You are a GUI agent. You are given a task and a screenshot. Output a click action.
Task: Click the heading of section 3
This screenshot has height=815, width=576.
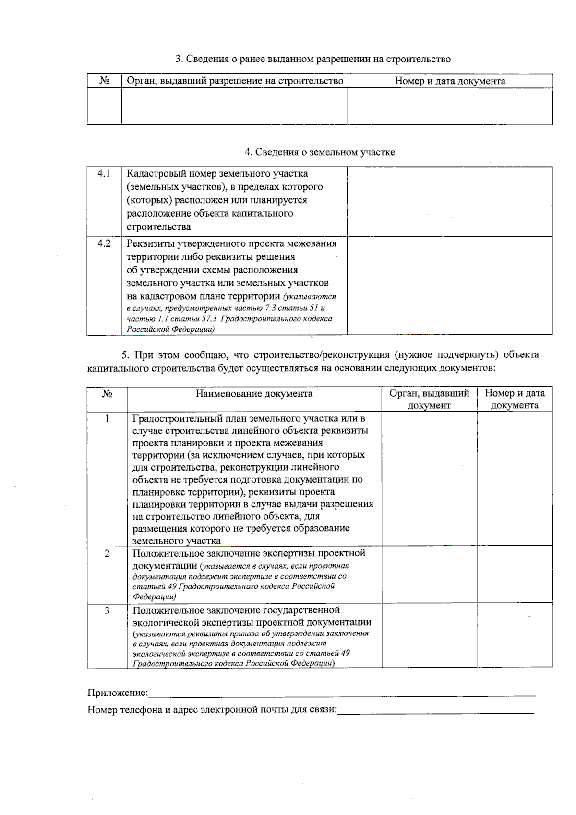pos(312,59)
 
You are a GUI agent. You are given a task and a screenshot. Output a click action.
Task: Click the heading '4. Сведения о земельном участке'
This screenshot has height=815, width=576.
pos(319,152)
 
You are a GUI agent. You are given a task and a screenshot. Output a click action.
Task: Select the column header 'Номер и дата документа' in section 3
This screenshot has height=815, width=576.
pos(450,81)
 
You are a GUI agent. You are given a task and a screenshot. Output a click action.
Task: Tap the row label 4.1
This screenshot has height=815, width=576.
pos(104,173)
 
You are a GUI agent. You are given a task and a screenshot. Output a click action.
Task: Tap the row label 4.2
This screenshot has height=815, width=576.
pos(104,243)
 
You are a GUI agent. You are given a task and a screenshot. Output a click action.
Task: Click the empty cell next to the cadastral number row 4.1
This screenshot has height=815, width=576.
pos(450,201)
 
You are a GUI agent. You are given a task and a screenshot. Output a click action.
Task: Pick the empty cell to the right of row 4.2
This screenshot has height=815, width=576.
pos(450,285)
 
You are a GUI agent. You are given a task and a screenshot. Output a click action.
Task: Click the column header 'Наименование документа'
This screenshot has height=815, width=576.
pos(254,394)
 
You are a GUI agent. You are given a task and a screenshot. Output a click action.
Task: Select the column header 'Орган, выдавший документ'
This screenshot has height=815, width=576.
pos(429,399)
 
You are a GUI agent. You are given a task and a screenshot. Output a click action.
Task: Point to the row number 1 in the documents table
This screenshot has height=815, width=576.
pos(107,419)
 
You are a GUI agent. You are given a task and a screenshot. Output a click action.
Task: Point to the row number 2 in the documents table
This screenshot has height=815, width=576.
pos(107,553)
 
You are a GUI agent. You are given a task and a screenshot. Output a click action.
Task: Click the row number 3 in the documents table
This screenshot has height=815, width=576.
pos(107,610)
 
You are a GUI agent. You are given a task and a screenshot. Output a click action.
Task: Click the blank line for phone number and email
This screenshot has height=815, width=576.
pos(435,710)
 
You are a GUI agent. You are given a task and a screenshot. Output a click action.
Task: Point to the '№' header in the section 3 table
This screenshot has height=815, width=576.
pos(104,81)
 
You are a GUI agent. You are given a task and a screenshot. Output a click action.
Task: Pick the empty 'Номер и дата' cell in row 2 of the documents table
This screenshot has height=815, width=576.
pos(515,575)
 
